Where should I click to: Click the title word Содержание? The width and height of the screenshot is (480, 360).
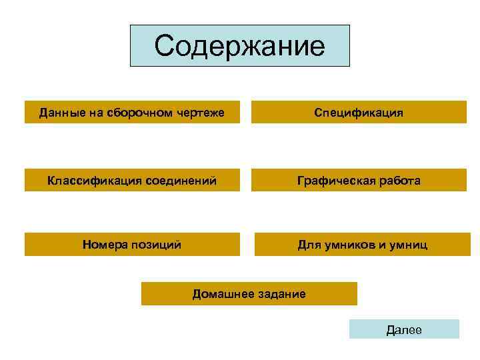[x=239, y=46]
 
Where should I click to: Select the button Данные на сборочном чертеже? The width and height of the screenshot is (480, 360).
[x=132, y=112]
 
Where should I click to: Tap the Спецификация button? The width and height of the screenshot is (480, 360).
[x=359, y=112]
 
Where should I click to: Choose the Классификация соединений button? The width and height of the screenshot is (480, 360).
[x=132, y=180]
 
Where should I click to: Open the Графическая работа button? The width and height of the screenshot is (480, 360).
[x=359, y=180]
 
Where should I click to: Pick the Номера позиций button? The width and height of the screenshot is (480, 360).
[x=132, y=245]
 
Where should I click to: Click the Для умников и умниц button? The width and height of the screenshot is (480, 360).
[x=362, y=245]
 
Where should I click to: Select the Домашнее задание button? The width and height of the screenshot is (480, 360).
[x=249, y=293]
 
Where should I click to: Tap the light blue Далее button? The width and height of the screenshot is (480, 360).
[x=404, y=329]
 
